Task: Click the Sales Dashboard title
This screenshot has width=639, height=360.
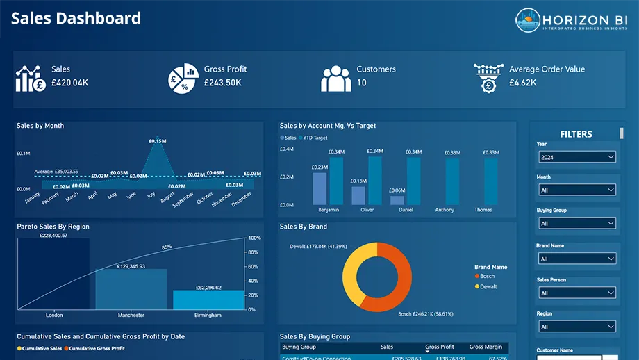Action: click(x=76, y=18)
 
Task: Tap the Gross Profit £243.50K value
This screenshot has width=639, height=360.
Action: click(x=222, y=83)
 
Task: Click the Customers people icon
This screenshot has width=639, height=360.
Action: click(x=335, y=79)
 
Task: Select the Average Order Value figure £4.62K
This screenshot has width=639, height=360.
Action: click(x=522, y=83)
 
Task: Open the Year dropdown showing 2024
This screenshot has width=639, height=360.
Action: click(x=577, y=157)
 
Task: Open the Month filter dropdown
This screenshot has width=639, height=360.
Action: click(x=577, y=190)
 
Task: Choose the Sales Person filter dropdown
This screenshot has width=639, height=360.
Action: click(x=577, y=293)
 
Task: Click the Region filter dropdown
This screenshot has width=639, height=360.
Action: click(x=577, y=327)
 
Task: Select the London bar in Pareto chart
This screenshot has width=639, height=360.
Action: click(x=54, y=275)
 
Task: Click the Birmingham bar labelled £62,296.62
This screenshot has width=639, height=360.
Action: click(x=208, y=300)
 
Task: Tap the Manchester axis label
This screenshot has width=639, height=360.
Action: click(x=131, y=316)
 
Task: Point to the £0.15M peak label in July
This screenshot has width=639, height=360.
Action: click(x=158, y=141)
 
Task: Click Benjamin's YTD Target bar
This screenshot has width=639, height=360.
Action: click(x=336, y=181)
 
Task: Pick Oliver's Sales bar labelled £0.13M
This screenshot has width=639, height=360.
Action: click(x=358, y=195)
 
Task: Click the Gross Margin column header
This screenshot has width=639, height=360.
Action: click(x=486, y=347)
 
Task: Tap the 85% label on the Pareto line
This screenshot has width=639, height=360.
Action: click(x=167, y=247)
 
